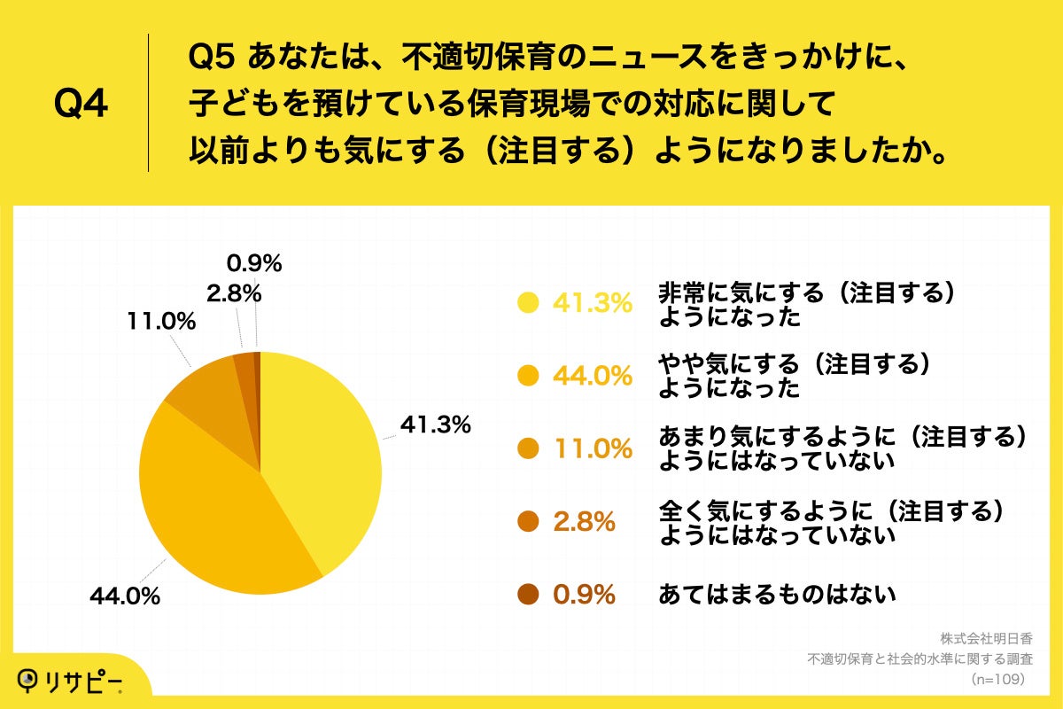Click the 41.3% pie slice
pyautogui.click(x=323, y=461)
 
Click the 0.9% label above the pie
pyautogui.click(x=254, y=262)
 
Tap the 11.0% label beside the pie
pyautogui.click(x=160, y=323)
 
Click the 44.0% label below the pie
pyautogui.click(x=124, y=597)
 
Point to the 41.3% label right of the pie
pyautogui.click(x=435, y=425)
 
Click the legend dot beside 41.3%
pyautogui.click(x=529, y=303)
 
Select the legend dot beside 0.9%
pyautogui.click(x=529, y=595)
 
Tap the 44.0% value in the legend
pyautogui.click(x=593, y=377)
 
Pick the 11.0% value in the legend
pyautogui.click(x=593, y=449)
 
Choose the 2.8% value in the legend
pyautogui.click(x=585, y=523)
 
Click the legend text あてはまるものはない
pyautogui.click(x=777, y=595)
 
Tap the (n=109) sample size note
pyautogui.click(x=997, y=679)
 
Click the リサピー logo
pyautogui.click(x=71, y=681)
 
